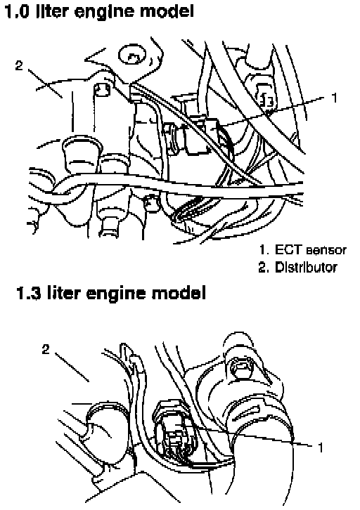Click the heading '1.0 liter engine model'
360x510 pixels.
(99, 11)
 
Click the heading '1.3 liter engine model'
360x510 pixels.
(111, 292)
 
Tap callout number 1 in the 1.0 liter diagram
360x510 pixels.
(334, 98)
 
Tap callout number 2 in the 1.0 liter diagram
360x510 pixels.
(19, 65)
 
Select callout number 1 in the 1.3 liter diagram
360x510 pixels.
(321, 447)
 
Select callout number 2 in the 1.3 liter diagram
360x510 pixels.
(46, 349)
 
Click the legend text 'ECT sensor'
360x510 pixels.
(311, 250)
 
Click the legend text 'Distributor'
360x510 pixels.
(306, 267)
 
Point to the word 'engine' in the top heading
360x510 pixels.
(104, 13)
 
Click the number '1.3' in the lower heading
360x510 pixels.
(29, 293)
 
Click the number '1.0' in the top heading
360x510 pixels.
(17, 11)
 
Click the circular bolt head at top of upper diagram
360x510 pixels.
(132, 55)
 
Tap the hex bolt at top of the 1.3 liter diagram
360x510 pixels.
(240, 367)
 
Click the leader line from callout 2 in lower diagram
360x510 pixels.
(72, 367)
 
